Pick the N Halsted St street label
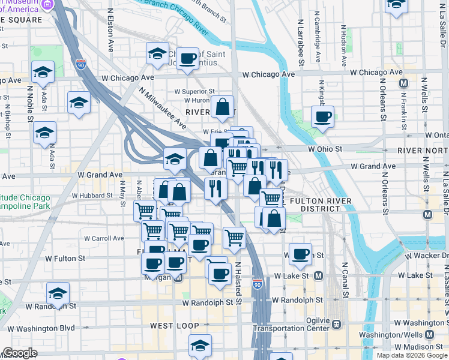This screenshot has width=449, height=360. pyautogui.click(x=238, y=282)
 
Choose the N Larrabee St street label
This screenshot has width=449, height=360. pyautogui.click(x=299, y=45)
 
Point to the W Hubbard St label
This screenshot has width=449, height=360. pyautogui.click(x=92, y=196)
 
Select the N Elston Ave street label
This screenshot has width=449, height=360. pyautogui.click(x=110, y=30)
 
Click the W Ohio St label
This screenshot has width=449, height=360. pyautogui.click(x=325, y=148)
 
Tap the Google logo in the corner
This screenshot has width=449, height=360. pyautogui.click(x=19, y=353)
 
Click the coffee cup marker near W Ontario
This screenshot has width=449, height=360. pyautogui.click(x=322, y=116)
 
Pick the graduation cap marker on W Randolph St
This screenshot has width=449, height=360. pyautogui.click(x=58, y=294)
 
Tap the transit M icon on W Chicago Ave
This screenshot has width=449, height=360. pyautogui.click(x=403, y=83)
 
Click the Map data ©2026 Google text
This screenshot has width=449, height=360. pyautogui.click(x=412, y=355)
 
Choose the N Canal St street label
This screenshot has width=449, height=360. pyautogui.click(x=345, y=280)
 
